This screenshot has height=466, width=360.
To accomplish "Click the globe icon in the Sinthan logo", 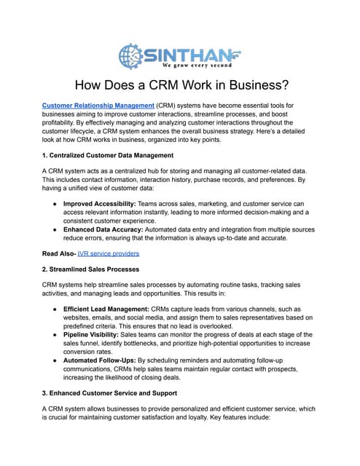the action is [x=130, y=55].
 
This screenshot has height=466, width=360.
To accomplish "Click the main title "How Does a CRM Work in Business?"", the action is [x=180, y=84].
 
